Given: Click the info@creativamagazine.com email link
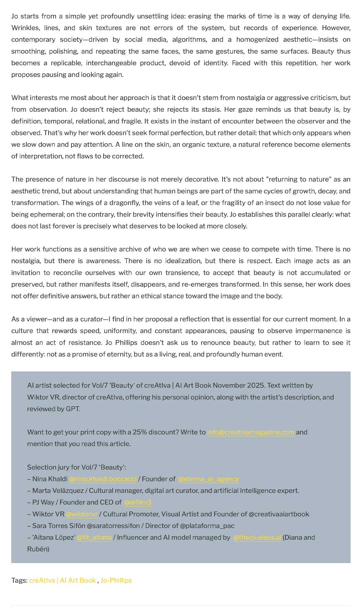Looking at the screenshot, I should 251,432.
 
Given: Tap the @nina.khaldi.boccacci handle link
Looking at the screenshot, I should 103,479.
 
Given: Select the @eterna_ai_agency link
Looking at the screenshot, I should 208,479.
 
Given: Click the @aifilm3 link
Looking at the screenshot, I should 138,502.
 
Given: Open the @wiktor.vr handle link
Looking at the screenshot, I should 82,514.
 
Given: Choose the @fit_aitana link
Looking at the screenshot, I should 94,537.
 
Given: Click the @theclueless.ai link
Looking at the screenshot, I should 257,537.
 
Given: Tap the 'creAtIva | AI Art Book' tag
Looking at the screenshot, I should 62,580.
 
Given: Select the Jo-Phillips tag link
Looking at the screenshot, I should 116,580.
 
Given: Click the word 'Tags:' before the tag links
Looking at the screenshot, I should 19,580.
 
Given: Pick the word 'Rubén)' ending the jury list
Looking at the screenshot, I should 38,549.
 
